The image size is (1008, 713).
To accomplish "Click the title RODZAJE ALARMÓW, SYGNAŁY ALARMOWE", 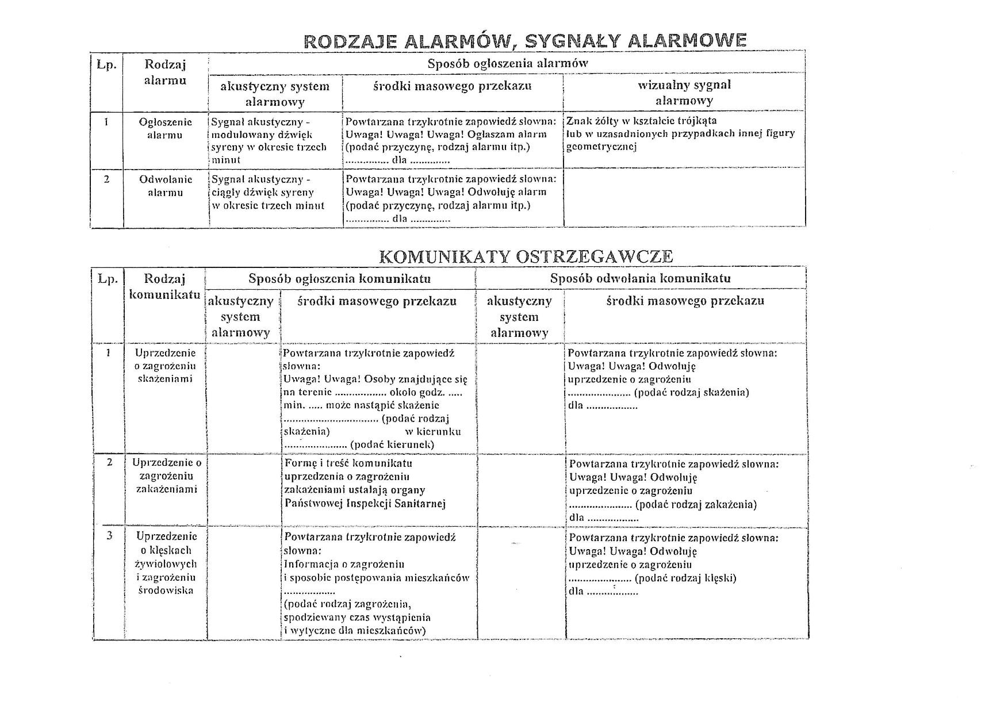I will click(x=525, y=40).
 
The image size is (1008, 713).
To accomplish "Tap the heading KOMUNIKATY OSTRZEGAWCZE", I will click(x=526, y=256).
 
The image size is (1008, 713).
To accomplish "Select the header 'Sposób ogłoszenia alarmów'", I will click(x=507, y=63).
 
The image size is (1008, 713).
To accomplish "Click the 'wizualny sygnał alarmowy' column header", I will click(x=684, y=93).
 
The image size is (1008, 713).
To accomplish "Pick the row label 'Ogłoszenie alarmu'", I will click(x=165, y=128).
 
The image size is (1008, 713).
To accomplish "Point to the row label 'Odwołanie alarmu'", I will click(x=165, y=186).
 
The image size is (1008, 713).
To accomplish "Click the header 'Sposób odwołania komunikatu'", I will click(x=640, y=278).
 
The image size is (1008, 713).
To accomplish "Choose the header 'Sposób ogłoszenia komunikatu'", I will click(x=339, y=279).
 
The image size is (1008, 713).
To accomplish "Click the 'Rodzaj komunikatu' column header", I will click(x=164, y=286).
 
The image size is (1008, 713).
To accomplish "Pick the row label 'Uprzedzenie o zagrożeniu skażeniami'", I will click(x=165, y=366).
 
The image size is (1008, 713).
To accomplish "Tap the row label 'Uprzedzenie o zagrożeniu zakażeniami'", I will click(x=166, y=476).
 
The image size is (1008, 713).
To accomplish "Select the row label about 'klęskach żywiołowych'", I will click(x=166, y=563).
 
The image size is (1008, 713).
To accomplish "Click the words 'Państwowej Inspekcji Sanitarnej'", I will click(x=365, y=504).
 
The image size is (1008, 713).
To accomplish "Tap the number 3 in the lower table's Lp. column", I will click(x=109, y=536).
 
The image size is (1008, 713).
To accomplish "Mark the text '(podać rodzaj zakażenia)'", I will click(x=695, y=504).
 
